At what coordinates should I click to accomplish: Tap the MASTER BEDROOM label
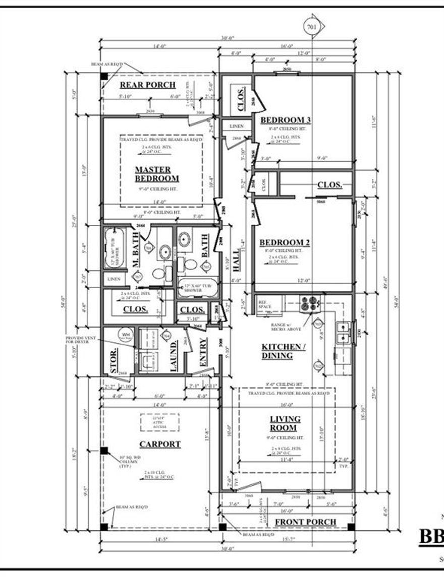click(156, 174)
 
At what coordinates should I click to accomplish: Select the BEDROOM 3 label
click(285, 120)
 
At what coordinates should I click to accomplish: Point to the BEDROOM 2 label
click(285, 243)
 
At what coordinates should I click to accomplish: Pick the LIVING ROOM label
click(285, 423)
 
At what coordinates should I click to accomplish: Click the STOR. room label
click(114, 360)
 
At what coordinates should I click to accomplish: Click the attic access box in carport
click(159, 422)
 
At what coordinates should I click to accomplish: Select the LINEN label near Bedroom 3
click(237, 126)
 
